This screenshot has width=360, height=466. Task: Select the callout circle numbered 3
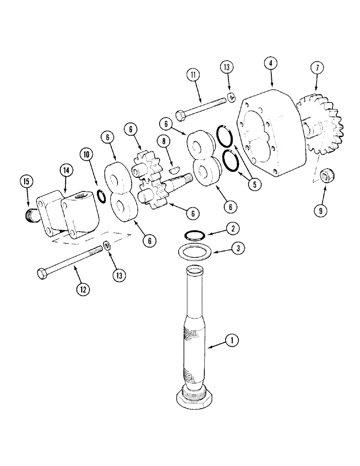point(237,249)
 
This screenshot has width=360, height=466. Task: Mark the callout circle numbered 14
point(66,171)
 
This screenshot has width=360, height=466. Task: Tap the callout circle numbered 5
point(255,184)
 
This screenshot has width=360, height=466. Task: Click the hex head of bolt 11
point(181,114)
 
